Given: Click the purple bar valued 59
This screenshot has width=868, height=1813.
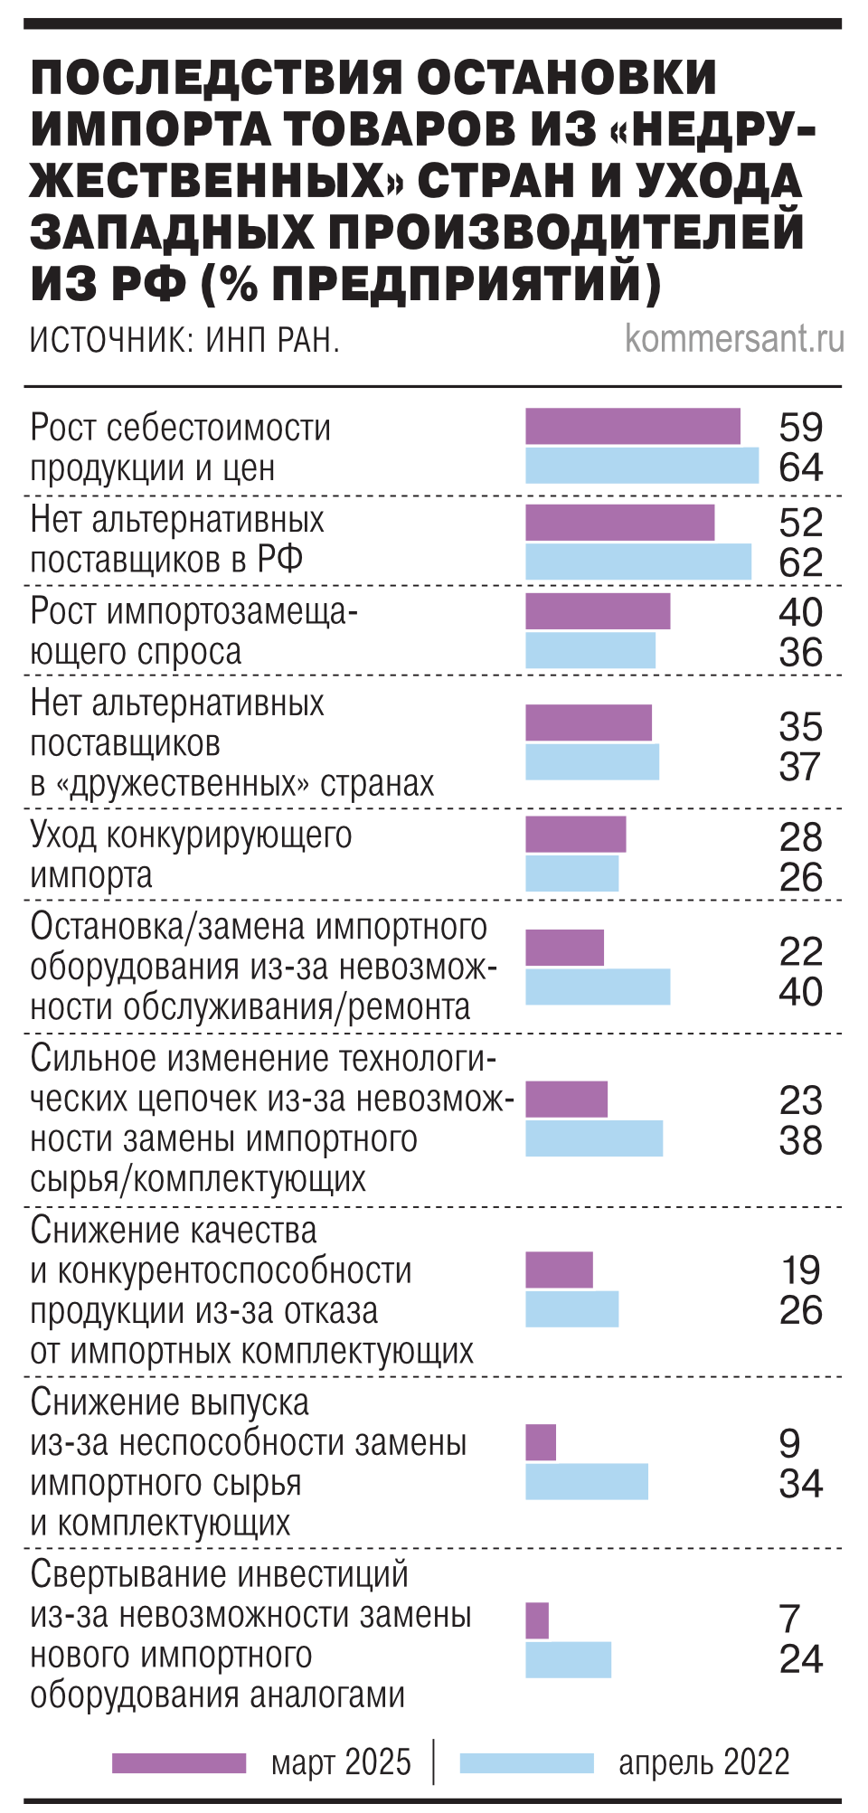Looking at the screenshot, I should pos(633,427).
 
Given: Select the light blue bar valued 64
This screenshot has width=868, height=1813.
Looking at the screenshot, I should pos(642,466).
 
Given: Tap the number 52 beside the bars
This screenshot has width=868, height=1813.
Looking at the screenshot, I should pos(801,523).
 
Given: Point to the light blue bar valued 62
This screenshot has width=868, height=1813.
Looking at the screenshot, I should pos(638,562).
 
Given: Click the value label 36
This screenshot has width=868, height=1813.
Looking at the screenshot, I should pos(801,652).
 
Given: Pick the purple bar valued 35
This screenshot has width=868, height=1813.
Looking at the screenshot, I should pos(589,723).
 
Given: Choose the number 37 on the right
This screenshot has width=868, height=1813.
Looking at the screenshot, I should pos(801,767).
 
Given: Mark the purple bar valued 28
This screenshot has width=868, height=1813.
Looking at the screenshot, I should pos(576,835).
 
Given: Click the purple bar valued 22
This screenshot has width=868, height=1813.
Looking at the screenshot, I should pos(565,949).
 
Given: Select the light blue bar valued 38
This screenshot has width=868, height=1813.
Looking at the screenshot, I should pos(594,1138).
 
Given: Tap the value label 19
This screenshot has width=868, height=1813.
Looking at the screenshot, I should pos(801,1270).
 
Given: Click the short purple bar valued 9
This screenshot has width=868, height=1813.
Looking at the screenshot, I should pos(541,1442).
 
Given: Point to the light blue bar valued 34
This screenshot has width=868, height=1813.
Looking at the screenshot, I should pos(587,1481).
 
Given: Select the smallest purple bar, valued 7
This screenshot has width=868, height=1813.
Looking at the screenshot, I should pos(537,1620).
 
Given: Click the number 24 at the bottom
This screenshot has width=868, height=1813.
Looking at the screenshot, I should pos(801,1659).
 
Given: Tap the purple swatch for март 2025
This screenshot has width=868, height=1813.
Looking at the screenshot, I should pos(179,1762).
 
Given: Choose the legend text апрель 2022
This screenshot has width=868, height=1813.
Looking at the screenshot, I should pos(703,1762).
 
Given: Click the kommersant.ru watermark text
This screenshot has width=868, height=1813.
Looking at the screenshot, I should pos(734,339).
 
